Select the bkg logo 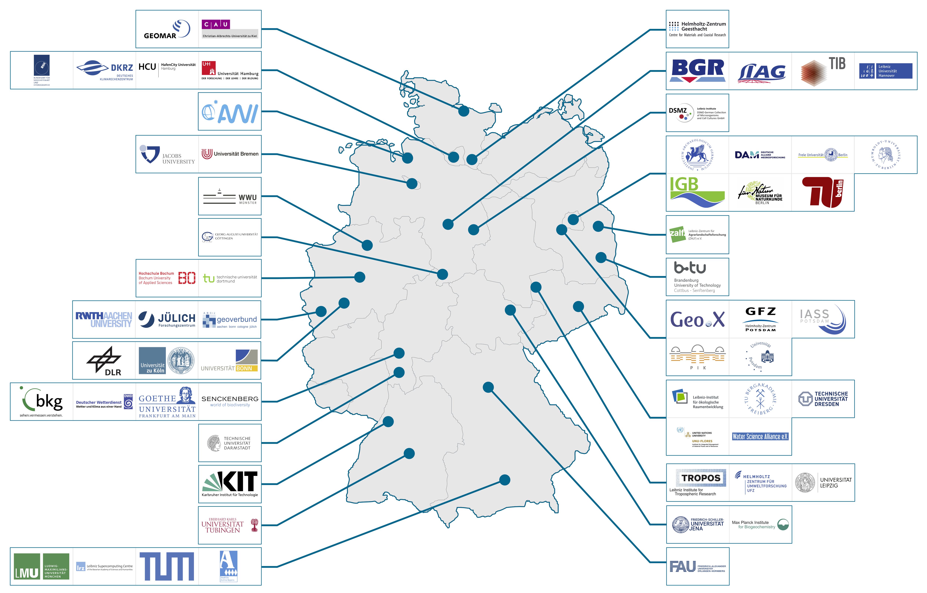click(x=42, y=401)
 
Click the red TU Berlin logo click(x=823, y=193)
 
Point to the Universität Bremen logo click(x=230, y=154)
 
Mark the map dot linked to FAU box click(x=488, y=387)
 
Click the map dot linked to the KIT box click(x=388, y=422)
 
